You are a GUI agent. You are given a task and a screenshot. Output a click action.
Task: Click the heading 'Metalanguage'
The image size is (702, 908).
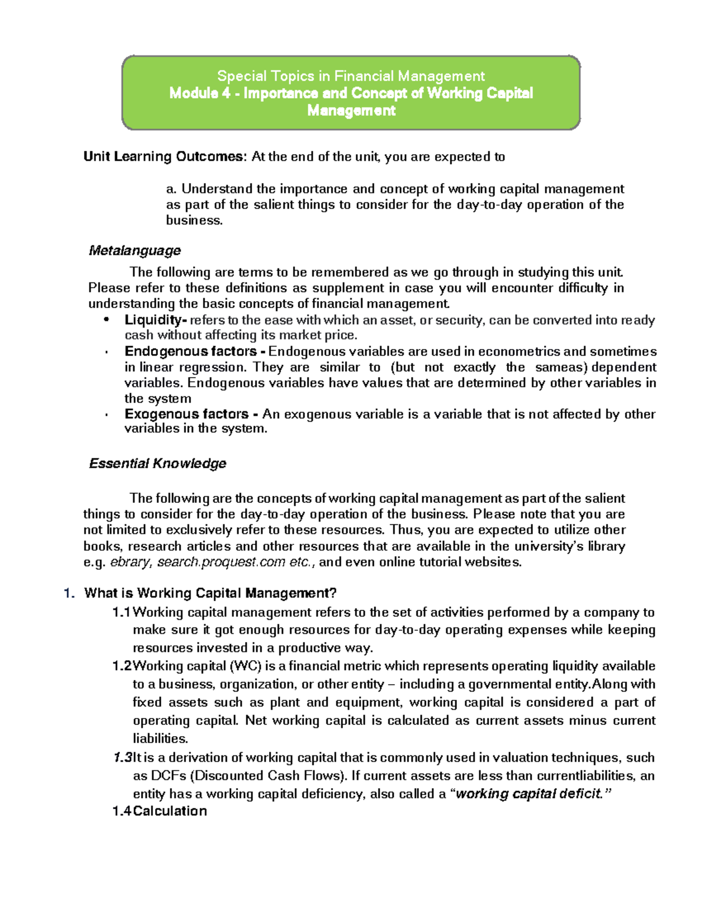[x=134, y=251]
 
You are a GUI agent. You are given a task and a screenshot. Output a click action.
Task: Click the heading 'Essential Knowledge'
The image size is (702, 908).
[x=157, y=464]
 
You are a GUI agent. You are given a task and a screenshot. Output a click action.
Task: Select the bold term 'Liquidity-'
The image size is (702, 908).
[x=156, y=320]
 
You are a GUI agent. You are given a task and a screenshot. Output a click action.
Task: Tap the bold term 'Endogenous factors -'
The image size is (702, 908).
[x=195, y=351]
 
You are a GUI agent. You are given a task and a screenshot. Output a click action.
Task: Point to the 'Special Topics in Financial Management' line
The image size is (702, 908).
[x=350, y=76]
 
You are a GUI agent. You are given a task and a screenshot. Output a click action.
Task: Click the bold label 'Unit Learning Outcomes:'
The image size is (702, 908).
[x=166, y=157]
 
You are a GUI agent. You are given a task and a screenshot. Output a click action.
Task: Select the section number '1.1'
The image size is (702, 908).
[x=122, y=612]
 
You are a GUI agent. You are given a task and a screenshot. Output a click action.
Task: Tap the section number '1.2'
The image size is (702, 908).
[x=122, y=666]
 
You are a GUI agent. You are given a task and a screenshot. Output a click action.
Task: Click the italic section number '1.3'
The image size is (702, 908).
[x=123, y=758]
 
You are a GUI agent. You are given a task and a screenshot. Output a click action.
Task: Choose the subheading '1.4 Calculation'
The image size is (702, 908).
[x=160, y=811]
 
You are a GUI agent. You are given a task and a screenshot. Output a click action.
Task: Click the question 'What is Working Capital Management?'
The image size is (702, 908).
[x=210, y=593]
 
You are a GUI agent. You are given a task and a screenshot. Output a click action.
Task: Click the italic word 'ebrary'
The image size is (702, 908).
[x=130, y=562]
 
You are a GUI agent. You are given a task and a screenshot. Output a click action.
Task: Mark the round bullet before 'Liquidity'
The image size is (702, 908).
[x=106, y=320]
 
